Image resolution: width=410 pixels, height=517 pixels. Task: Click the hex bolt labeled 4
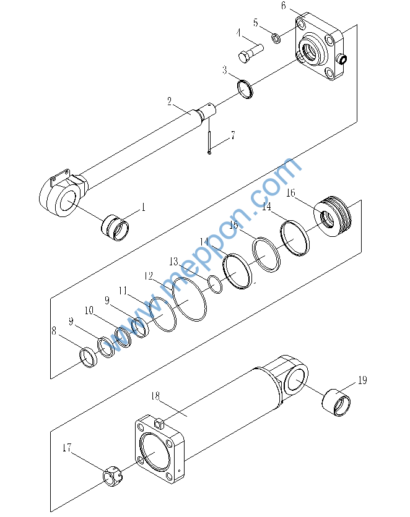coord(251,53)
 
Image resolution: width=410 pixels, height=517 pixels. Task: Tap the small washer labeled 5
coord(276,38)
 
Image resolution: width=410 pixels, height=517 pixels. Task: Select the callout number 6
coord(283,6)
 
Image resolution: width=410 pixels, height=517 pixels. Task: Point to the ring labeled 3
coord(245,89)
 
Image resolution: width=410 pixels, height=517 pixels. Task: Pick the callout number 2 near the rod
coord(169,101)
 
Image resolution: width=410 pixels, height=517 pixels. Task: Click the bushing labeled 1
coord(115,227)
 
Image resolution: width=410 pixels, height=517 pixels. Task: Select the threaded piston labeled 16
coord(333,216)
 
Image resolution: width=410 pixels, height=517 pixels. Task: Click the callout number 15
coord(233,225)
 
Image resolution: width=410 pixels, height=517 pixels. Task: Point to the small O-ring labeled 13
coord(215,284)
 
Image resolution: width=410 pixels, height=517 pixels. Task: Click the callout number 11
coord(123,291)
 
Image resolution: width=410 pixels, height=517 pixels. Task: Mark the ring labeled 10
coord(123,337)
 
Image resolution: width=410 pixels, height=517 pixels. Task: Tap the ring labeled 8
coord(89,357)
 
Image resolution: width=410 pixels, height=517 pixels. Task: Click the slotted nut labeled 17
coord(112,476)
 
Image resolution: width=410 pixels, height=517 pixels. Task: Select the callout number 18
coord(155,396)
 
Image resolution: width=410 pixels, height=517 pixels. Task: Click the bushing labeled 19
coord(336,402)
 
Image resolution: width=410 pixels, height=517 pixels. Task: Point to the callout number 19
coord(362,380)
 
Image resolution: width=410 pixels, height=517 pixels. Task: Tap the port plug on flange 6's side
coord(342,59)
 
